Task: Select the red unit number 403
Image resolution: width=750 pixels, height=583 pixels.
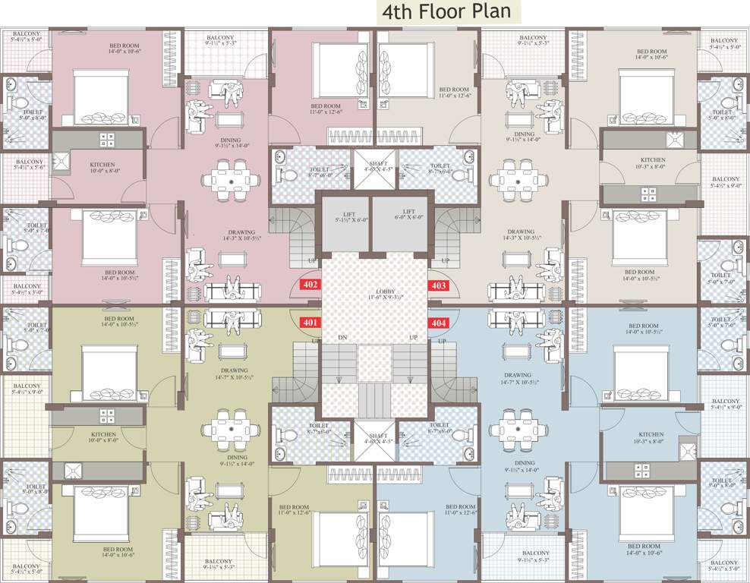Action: tap(439, 286)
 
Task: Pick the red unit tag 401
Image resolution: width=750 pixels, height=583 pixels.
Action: tap(310, 323)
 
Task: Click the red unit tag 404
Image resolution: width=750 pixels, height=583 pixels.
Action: tap(439, 323)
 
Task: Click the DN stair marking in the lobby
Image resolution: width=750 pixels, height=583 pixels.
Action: tap(342, 338)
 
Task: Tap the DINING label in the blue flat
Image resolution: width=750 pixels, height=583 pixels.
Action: tap(524, 462)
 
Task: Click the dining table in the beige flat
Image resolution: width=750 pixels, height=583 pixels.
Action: tap(519, 180)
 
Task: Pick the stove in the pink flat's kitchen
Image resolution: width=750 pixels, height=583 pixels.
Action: tap(107, 140)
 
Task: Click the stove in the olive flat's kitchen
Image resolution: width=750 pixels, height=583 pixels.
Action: tap(107, 415)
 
